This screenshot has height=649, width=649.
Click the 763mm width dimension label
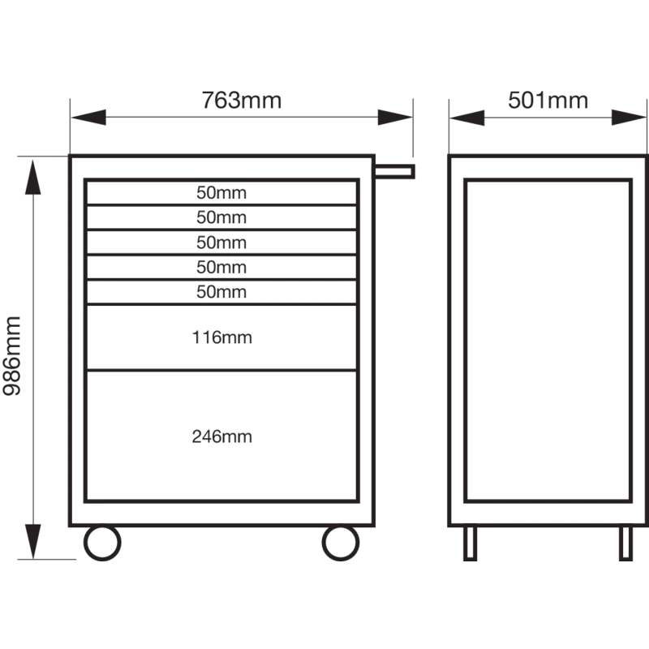[x=241, y=100]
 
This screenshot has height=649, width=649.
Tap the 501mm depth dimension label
[x=548, y=100]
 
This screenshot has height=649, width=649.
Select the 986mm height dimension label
[x=12, y=356]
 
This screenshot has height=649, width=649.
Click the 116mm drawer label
[x=221, y=337]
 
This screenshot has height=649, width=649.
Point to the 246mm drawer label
[x=221, y=436]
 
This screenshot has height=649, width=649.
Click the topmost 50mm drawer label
[x=221, y=192]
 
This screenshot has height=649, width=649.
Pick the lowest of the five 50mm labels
[x=221, y=292]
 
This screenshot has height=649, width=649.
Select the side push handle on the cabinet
[x=394, y=171]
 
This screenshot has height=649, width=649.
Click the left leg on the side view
[x=471, y=543]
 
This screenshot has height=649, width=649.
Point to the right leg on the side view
[x=625, y=543]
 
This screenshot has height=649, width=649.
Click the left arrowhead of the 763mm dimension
[x=88, y=117]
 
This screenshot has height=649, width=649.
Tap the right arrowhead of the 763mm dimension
[x=395, y=117]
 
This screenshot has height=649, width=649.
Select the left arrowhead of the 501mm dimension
[x=467, y=118]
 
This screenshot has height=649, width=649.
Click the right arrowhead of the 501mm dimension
[x=629, y=118]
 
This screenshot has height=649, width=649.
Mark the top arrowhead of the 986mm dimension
[x=33, y=177]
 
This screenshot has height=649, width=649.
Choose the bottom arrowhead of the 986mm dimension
[x=33, y=541]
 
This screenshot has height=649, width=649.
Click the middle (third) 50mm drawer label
[x=221, y=242]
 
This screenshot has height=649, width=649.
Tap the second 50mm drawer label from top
[x=221, y=217]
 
